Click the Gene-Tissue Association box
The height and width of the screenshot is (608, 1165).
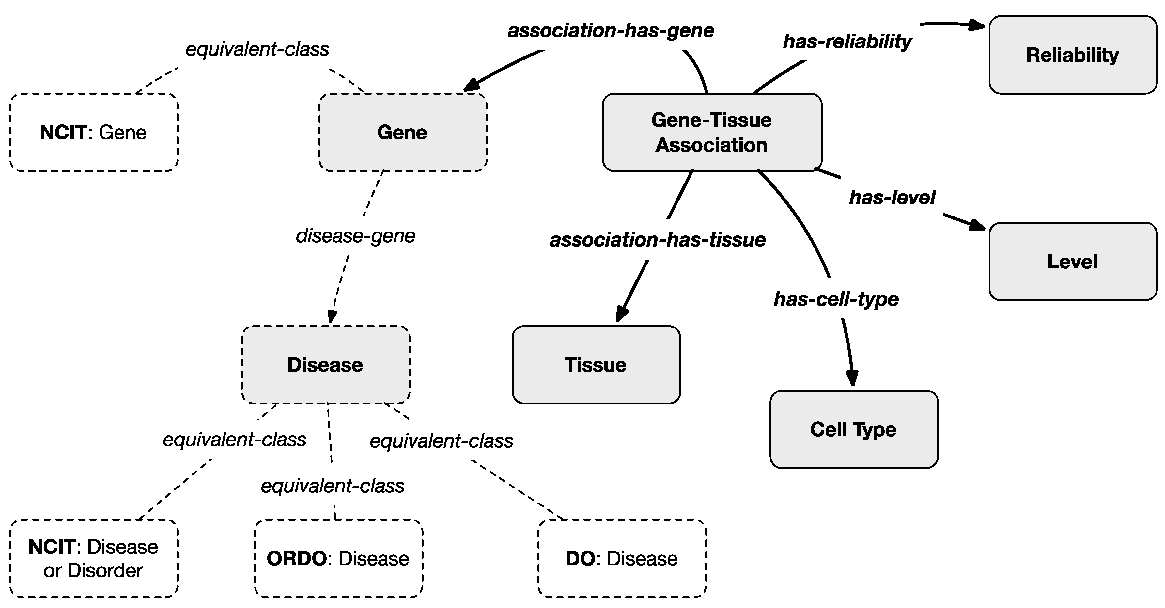(712, 132)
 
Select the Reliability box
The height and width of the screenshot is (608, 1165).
(1072, 55)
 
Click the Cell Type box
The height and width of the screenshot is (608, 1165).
(853, 429)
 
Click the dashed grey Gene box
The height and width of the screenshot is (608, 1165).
(402, 132)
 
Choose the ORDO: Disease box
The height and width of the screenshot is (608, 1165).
(338, 558)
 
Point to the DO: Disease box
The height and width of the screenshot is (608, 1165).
(622, 558)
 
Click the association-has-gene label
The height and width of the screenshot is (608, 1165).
(611, 31)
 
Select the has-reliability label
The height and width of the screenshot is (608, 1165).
(847, 41)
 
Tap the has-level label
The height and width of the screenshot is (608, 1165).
(892, 197)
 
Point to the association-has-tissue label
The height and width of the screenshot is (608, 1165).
(658, 239)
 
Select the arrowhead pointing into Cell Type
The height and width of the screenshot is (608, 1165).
(852, 378)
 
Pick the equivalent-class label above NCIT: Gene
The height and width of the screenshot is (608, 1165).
(257, 49)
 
